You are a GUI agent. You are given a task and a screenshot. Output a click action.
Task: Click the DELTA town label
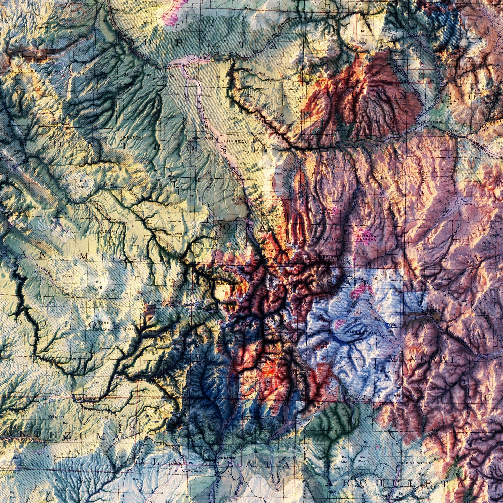pos(191,66)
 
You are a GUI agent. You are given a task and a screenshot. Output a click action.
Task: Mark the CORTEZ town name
pos(68,439)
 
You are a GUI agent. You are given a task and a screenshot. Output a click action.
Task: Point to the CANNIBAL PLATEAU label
pos(365,237)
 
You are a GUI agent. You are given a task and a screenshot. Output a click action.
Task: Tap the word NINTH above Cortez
pos(56,416)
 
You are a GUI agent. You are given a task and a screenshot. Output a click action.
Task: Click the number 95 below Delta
pos(195,77)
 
